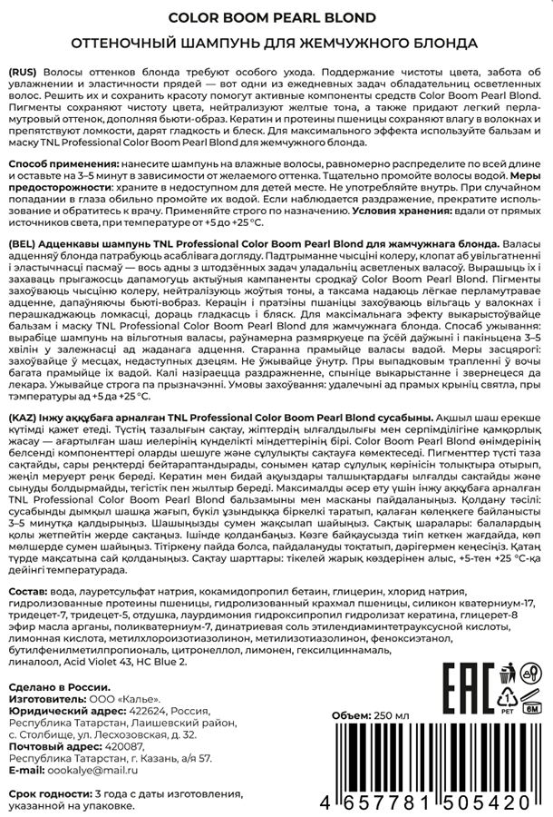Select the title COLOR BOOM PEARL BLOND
(x=276, y=17)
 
